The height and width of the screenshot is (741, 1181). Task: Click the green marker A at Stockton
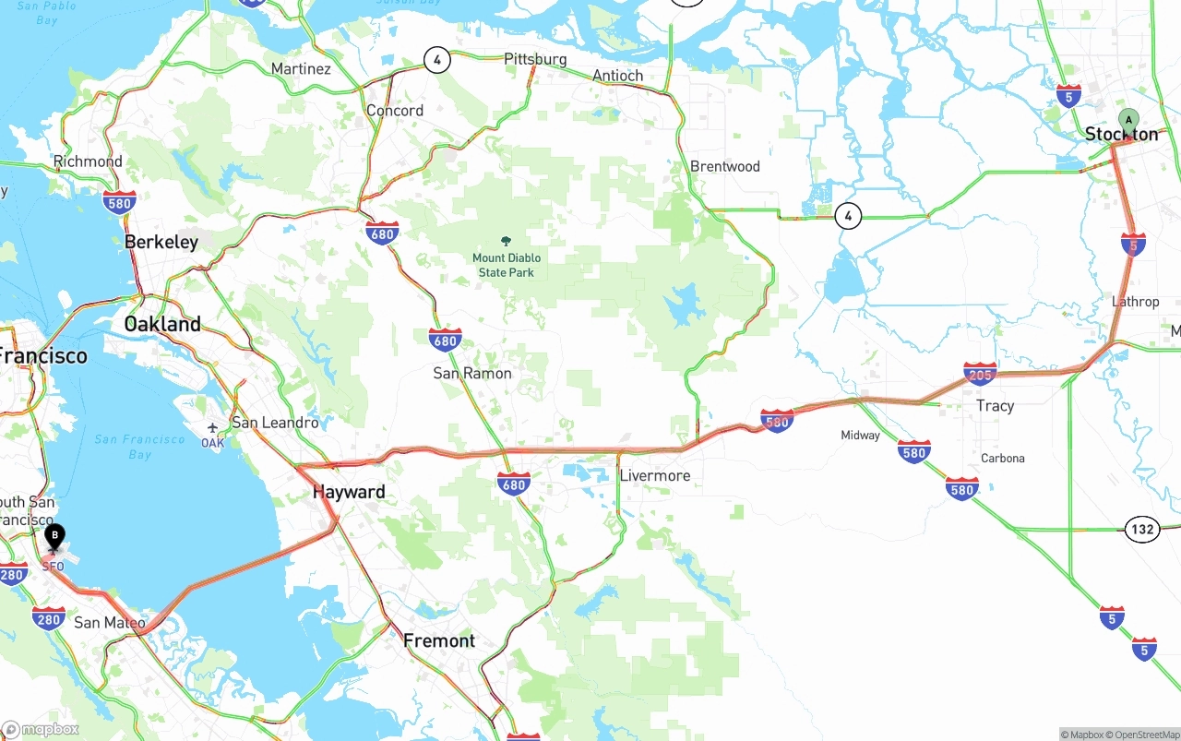1127,121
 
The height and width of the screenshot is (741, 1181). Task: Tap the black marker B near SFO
54,535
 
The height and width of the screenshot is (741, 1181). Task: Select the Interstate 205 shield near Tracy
979,374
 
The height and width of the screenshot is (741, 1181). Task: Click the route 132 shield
1142,530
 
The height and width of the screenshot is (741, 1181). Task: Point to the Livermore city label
654,476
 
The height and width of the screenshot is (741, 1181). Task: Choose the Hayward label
349,492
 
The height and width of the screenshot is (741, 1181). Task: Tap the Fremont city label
439,640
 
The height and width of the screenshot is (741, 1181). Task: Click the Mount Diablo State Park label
507,265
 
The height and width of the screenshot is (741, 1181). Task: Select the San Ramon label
472,374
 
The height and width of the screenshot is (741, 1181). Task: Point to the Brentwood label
725,167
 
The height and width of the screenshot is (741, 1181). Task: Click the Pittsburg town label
535,59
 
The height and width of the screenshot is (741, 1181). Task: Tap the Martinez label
301,69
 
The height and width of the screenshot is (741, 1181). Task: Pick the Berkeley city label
161,242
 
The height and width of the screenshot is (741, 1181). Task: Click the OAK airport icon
213,429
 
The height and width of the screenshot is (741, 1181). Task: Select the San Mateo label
109,623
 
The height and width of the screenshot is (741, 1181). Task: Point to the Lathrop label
1135,302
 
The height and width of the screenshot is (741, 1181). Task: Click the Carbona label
1002,459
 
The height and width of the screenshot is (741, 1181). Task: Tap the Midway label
860,436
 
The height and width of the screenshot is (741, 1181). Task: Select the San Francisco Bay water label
139,447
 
